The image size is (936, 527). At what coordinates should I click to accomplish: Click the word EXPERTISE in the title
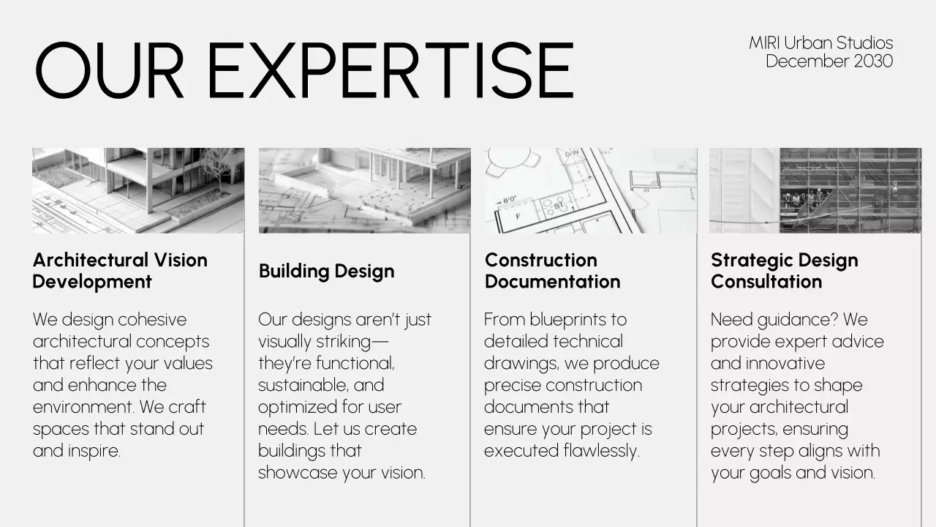[x=390, y=70]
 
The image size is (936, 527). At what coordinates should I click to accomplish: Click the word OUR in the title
[x=109, y=70]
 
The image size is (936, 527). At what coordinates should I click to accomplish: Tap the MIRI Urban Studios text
[x=820, y=43]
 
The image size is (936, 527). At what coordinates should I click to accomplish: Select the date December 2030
[x=829, y=61]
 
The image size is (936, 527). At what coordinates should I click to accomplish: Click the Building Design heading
[x=326, y=271]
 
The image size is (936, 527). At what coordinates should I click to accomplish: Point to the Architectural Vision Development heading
[x=120, y=271]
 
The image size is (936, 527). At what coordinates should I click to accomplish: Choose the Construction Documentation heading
[x=552, y=271]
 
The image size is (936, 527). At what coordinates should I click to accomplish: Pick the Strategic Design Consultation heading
[x=784, y=271]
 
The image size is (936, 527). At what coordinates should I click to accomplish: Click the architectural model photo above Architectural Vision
[x=138, y=190]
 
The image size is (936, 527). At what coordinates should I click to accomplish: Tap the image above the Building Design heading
[x=364, y=190]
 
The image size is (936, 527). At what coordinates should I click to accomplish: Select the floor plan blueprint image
[x=589, y=190]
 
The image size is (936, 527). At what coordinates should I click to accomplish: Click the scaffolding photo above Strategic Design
[x=815, y=190]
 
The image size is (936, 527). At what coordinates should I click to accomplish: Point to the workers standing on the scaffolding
[x=804, y=200]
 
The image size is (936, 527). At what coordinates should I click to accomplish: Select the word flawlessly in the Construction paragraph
[x=601, y=451]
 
